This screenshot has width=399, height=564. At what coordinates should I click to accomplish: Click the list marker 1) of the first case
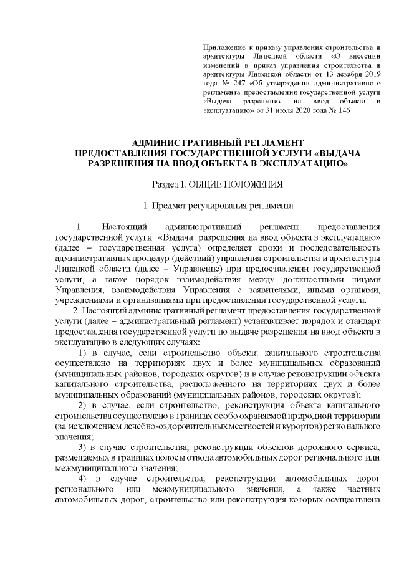point(82,354)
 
